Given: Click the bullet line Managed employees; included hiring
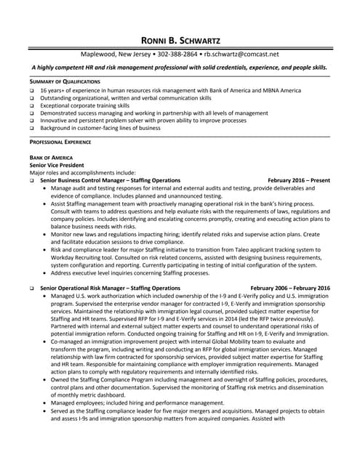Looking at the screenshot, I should pyautogui.click(x=137, y=403).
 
